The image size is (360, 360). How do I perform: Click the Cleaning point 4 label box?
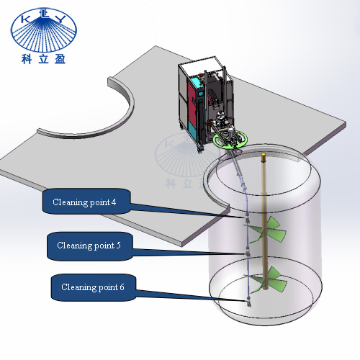pyautogui.click(x=86, y=202)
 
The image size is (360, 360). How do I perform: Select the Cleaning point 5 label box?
pyautogui.click(x=90, y=246)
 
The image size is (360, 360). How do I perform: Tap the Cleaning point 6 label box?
pyautogui.click(x=94, y=287)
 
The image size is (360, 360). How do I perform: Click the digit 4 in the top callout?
pyautogui.click(x=114, y=202)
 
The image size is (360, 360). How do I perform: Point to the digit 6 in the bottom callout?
pyautogui.click(x=122, y=287)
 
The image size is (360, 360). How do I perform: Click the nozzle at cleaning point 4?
pyautogui.click(x=248, y=218)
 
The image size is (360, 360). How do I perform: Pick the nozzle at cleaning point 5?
pyautogui.click(x=248, y=253)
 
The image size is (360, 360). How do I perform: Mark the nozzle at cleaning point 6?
pyautogui.click(x=248, y=302)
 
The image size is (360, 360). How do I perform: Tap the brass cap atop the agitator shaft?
pyautogui.click(x=264, y=157)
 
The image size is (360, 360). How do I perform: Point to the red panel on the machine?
pyautogui.click(x=192, y=101)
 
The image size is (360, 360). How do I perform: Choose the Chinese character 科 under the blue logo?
pyautogui.click(x=26, y=59)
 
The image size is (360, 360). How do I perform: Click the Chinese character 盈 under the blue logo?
pyautogui.click(x=60, y=59)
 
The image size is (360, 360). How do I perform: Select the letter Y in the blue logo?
pyautogui.click(x=60, y=19)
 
